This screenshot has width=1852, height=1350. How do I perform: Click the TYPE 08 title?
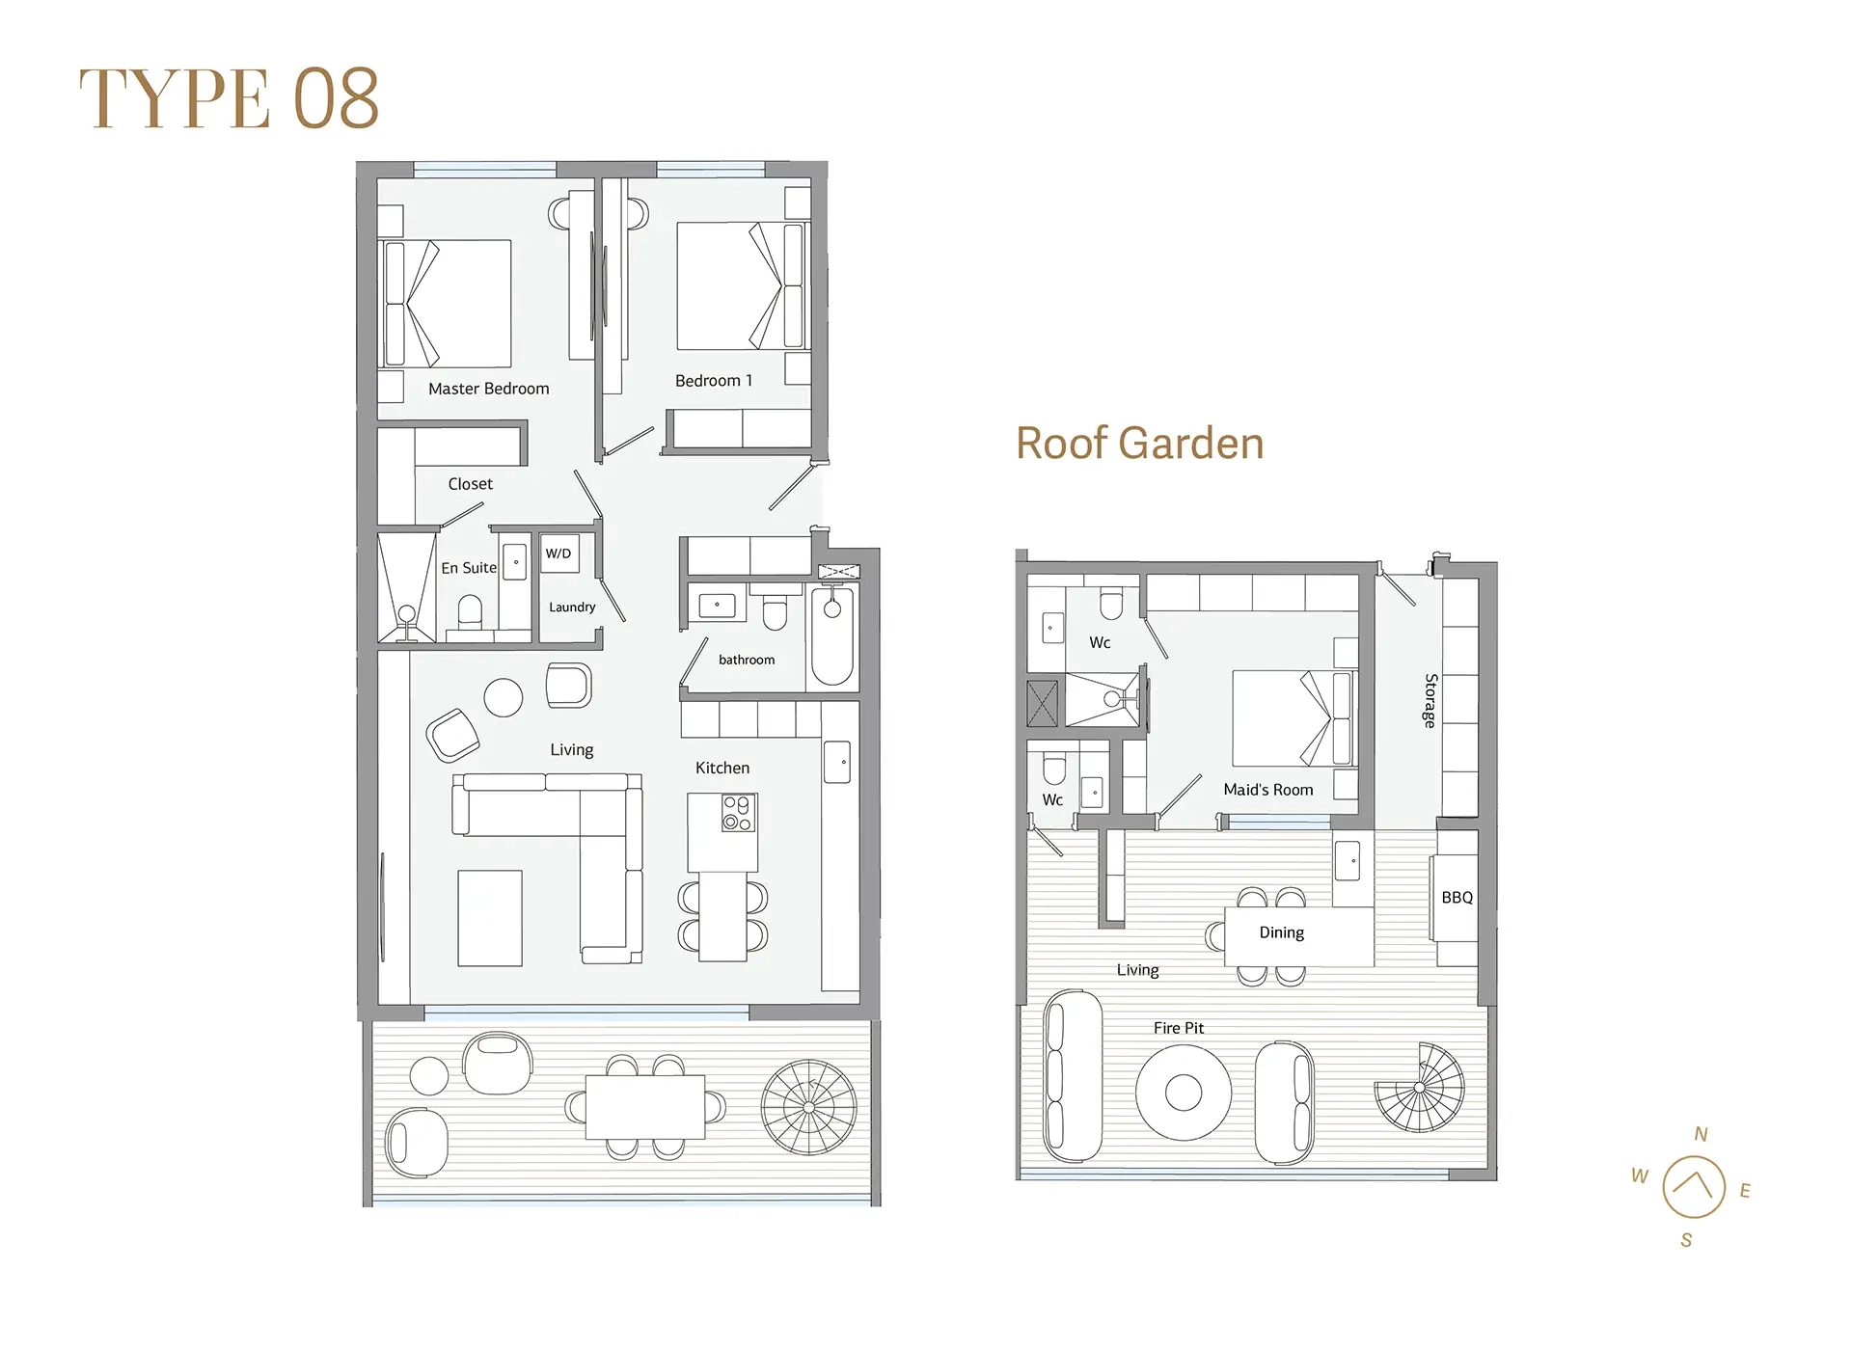tap(229, 98)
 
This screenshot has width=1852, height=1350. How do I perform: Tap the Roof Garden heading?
tap(1139, 444)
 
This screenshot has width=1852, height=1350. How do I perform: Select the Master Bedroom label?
tap(488, 389)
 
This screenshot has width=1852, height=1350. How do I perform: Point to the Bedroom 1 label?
tap(713, 381)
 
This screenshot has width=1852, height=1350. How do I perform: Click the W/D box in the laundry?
tap(559, 553)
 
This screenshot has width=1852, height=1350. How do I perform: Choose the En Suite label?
tap(469, 568)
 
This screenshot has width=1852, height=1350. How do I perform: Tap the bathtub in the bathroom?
tap(832, 636)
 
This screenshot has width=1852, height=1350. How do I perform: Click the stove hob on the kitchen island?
tap(738, 813)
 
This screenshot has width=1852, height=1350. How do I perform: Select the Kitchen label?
tap(722, 768)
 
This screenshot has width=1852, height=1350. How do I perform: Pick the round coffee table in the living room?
tap(503, 697)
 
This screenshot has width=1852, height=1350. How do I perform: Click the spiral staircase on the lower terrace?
tap(808, 1107)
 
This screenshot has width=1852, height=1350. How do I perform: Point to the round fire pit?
tap(1184, 1093)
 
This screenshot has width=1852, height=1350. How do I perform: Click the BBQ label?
tap(1457, 898)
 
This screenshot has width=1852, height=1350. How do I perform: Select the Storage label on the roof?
tap(1431, 700)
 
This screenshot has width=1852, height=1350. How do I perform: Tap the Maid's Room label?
tap(1267, 790)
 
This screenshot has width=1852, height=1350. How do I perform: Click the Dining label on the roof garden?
tap(1281, 932)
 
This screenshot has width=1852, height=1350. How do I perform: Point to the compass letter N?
tap(1701, 1134)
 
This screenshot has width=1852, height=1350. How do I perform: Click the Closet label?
tap(470, 484)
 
